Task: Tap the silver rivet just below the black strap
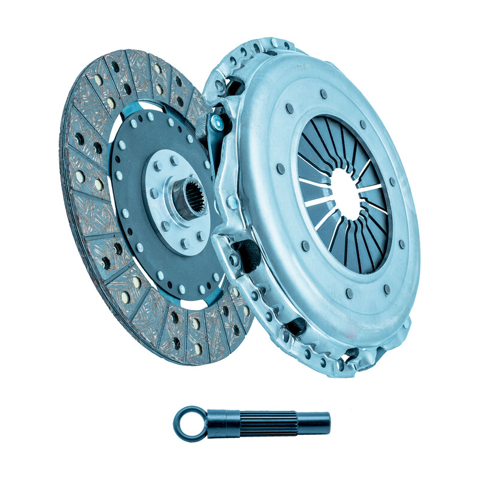pos(231,204)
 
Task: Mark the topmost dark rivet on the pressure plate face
pos(324,94)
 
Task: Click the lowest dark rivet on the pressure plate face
pos(349,294)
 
